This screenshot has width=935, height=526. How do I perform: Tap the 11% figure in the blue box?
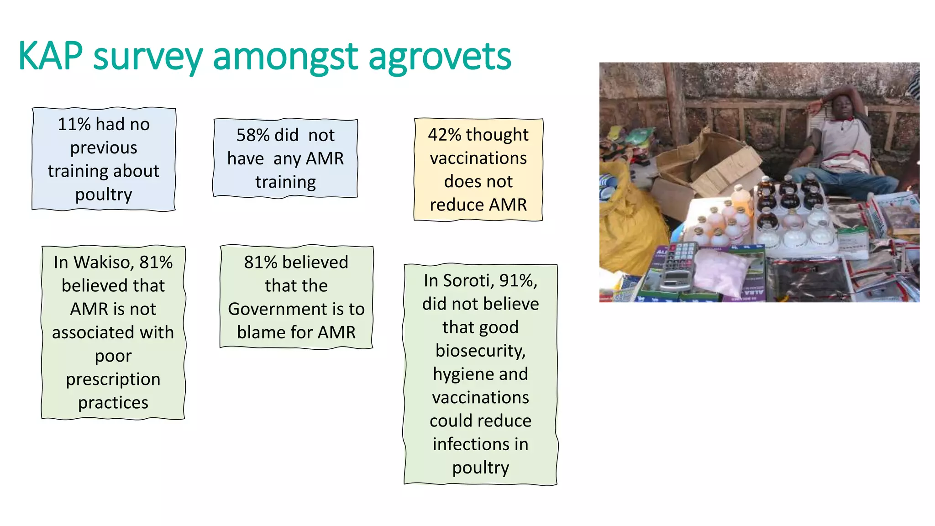click(74, 124)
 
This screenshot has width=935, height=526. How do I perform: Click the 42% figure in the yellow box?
click(444, 135)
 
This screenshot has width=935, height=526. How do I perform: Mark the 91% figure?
click(518, 280)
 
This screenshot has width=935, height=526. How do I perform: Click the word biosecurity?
click(480, 351)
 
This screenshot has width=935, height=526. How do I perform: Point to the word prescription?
click(113, 379)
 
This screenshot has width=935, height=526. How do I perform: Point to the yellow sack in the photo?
click(628, 219)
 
